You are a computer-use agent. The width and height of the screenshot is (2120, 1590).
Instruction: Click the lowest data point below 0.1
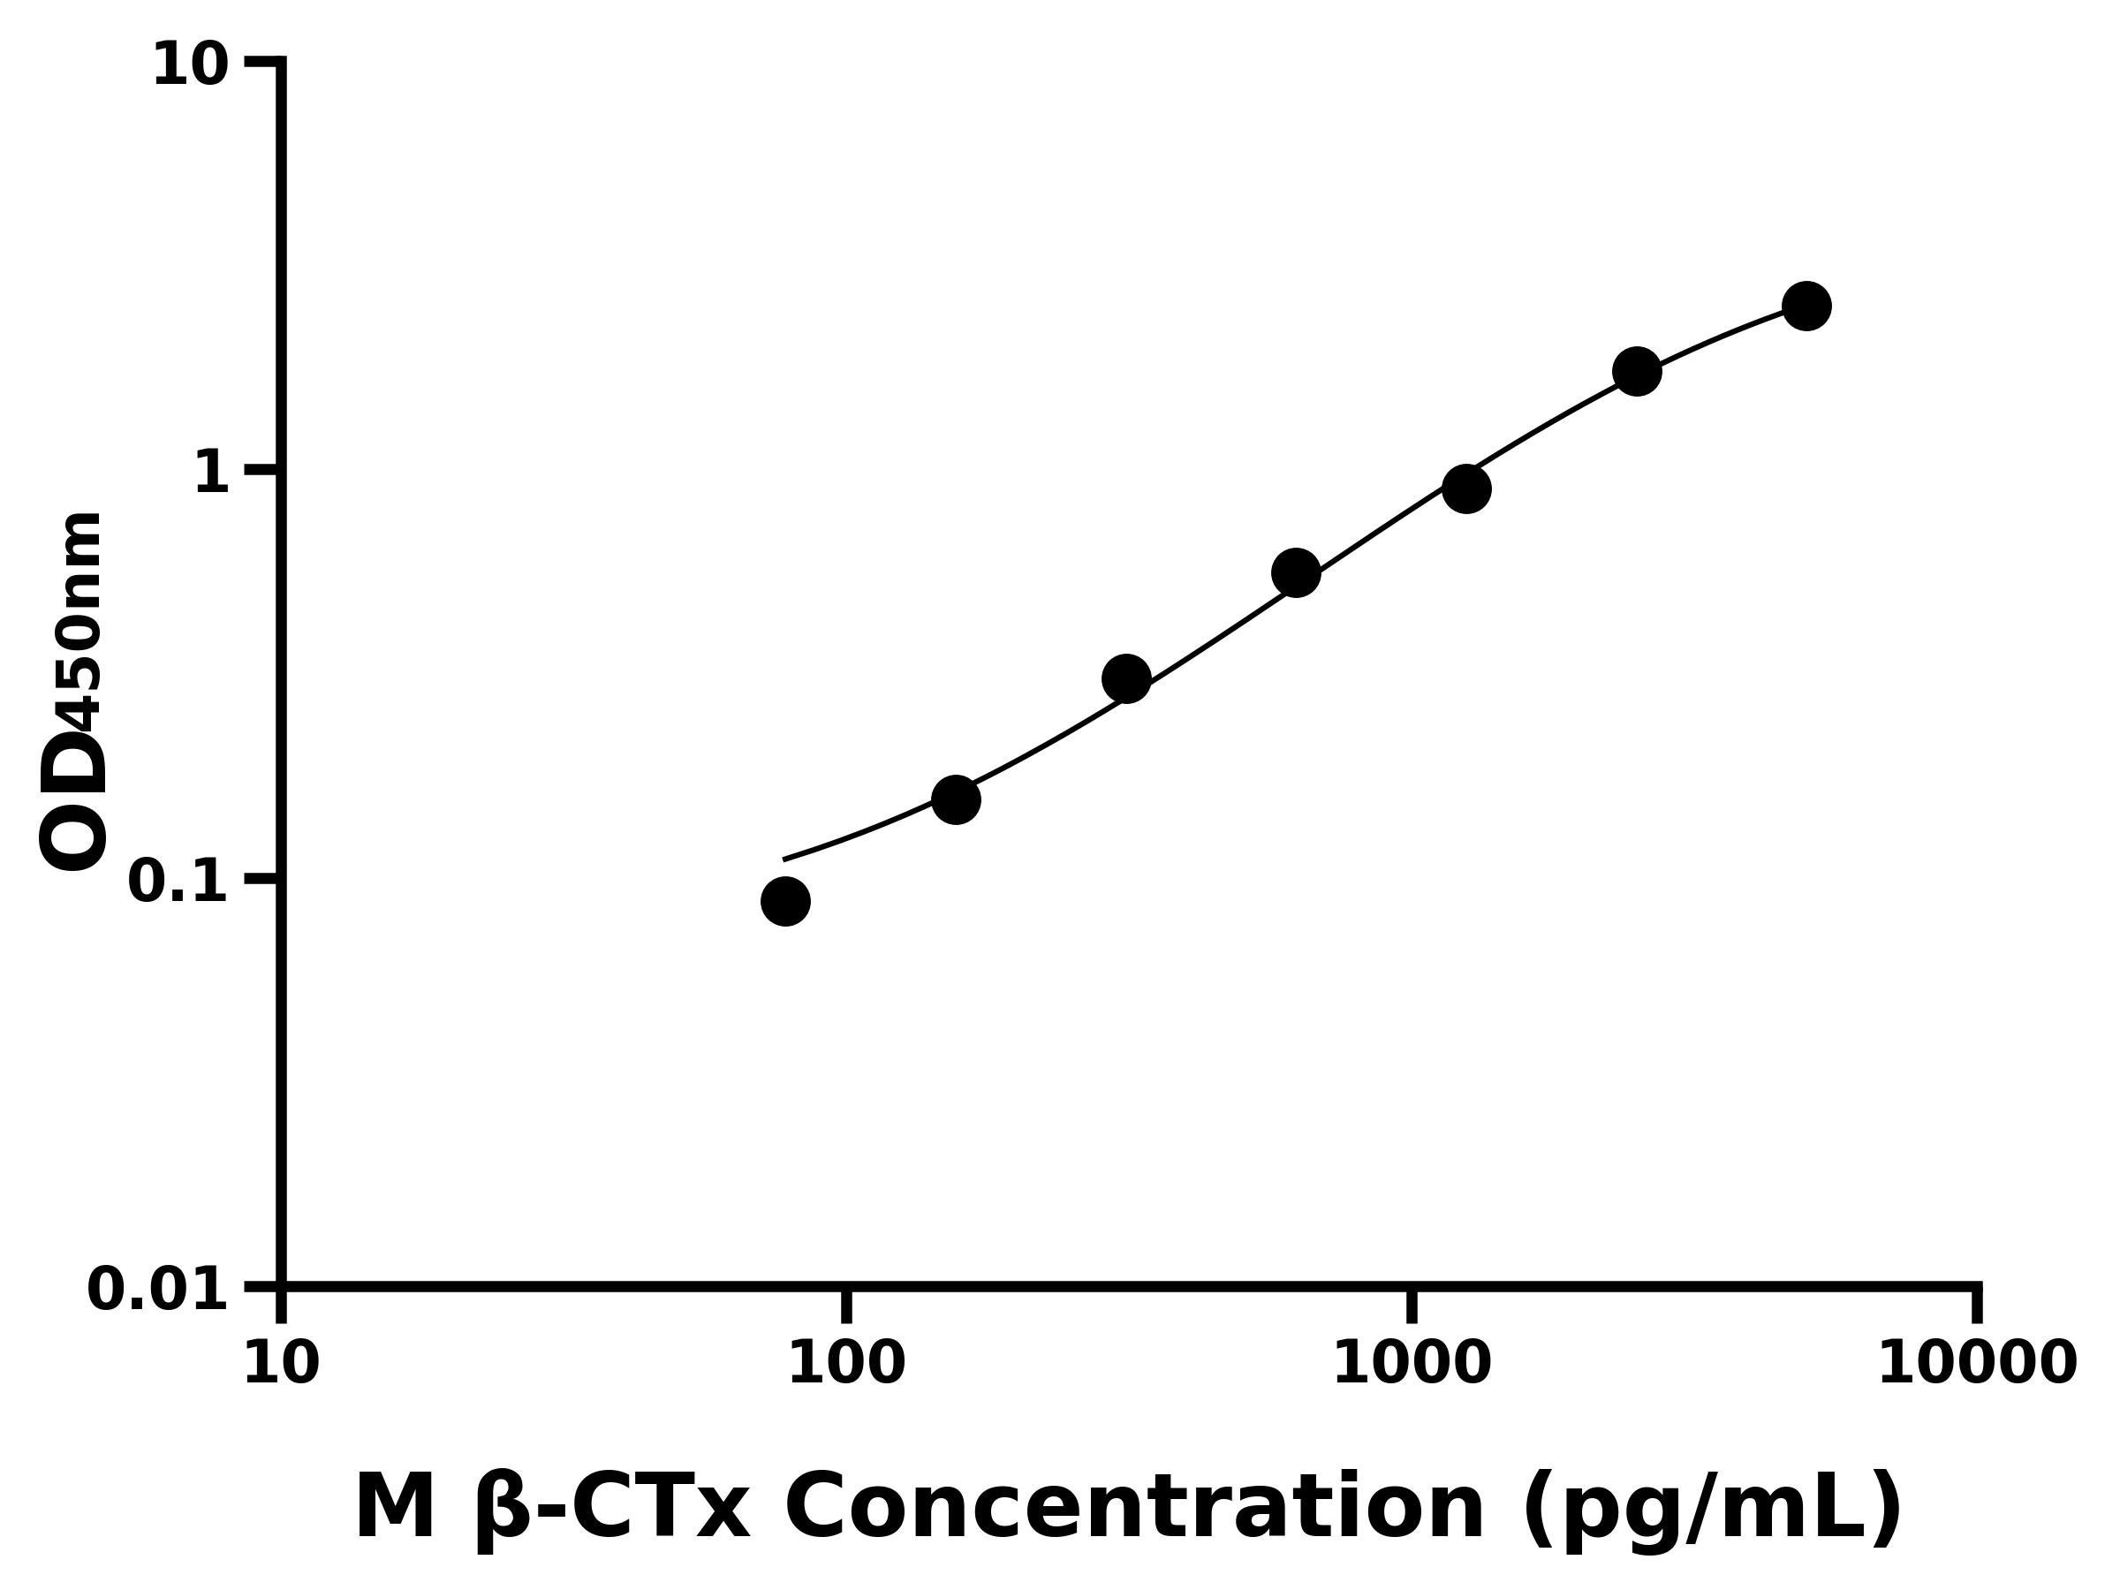coord(785,901)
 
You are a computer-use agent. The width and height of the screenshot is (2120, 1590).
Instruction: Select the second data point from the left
coord(956,799)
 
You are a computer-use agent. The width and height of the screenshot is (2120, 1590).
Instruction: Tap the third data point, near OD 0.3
coord(1126,678)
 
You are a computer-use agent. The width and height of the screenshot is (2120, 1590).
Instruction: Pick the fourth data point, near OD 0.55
coord(1296,573)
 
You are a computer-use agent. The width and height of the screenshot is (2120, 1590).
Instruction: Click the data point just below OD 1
coord(1466,488)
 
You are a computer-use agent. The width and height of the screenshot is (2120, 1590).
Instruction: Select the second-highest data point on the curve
coord(1637,371)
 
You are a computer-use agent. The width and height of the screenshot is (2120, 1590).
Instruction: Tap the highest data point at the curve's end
coord(1806,306)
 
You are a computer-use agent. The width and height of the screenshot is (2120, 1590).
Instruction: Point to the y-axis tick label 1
coord(212,473)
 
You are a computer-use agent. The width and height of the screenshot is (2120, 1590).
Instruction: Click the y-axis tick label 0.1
coord(178,882)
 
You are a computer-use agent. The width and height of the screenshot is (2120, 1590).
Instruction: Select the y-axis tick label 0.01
coord(157,1290)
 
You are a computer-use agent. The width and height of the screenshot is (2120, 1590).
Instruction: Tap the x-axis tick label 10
coord(281,1364)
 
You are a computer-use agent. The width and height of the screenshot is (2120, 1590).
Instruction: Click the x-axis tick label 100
coord(845,1364)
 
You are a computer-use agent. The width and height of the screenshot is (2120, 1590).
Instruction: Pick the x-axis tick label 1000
coord(1411,1364)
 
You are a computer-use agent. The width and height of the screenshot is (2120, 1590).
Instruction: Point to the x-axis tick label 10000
coord(1976,1364)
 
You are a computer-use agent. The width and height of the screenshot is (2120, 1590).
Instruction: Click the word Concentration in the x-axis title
coord(1135,1509)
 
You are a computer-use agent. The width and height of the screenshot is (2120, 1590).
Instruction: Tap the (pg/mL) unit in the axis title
coord(1712,1509)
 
